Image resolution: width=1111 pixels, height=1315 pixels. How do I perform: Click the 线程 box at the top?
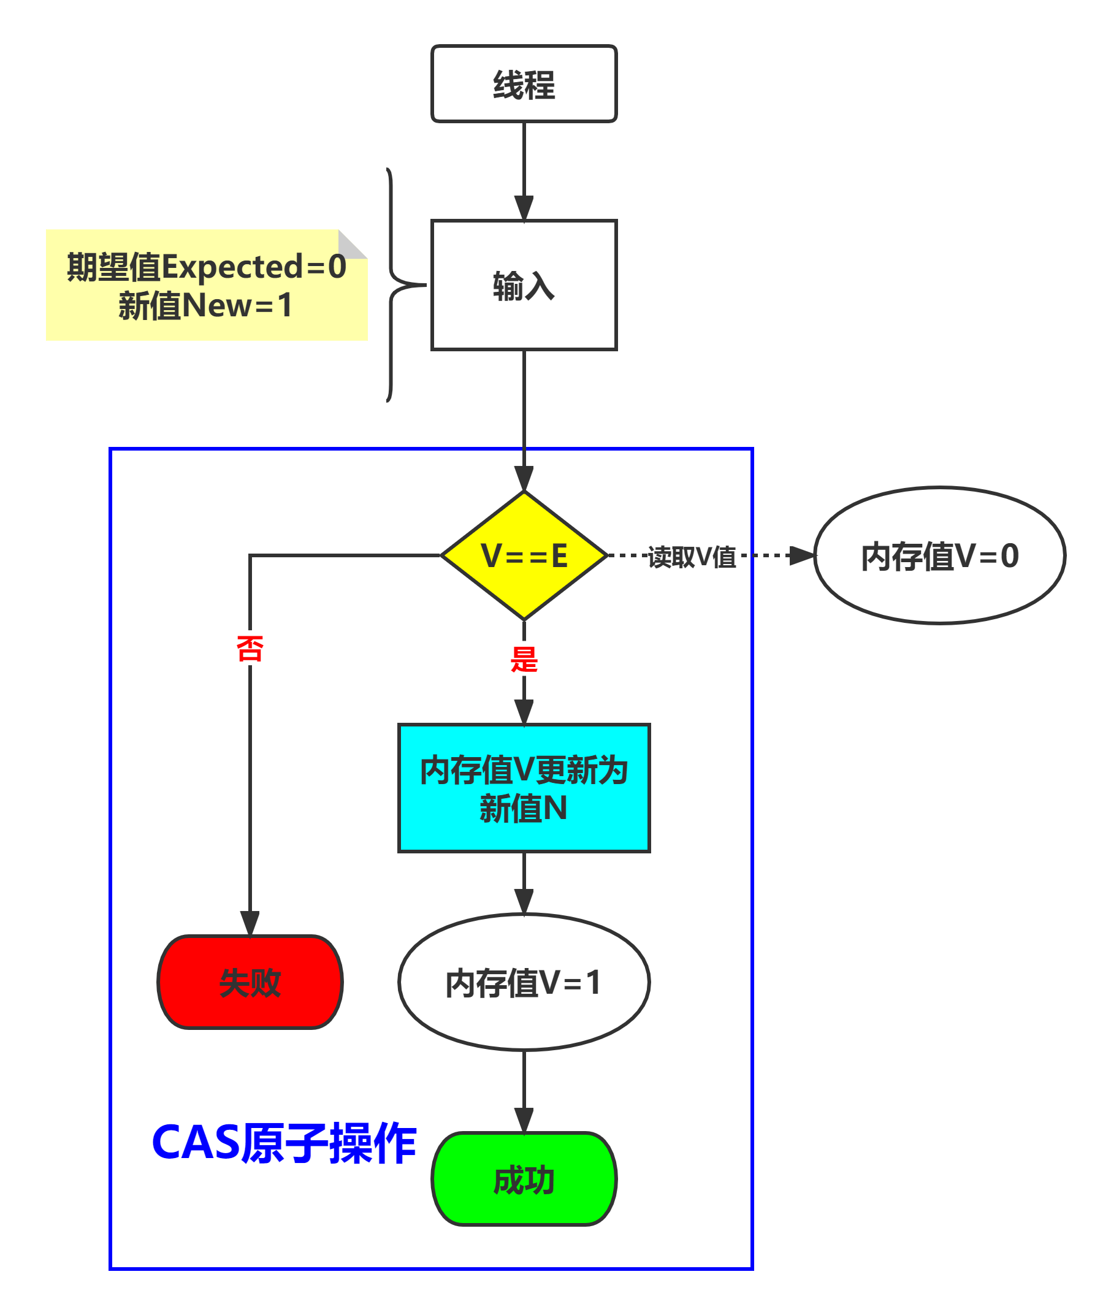point(524,84)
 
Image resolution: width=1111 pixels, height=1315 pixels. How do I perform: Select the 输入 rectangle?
point(524,284)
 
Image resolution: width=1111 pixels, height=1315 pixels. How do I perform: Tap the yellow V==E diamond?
point(524,555)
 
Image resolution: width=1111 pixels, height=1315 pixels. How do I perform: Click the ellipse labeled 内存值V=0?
point(939,555)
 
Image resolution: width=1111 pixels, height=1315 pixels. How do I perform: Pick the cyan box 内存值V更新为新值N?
point(524,788)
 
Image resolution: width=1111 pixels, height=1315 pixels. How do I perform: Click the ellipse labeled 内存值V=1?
point(524,982)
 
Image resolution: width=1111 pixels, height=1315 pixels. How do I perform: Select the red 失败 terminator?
point(250,982)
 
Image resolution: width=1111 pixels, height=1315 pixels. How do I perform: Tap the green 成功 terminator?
point(524,1179)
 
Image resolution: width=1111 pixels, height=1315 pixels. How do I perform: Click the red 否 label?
point(250,648)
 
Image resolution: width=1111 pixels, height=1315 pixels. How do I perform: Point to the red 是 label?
point(524,660)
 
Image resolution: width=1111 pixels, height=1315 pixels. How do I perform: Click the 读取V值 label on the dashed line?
point(692,557)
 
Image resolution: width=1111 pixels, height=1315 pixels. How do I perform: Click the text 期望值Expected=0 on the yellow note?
point(207,267)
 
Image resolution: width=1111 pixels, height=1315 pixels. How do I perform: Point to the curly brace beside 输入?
point(394,284)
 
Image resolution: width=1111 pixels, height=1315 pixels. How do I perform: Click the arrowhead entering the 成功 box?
point(524,1119)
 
